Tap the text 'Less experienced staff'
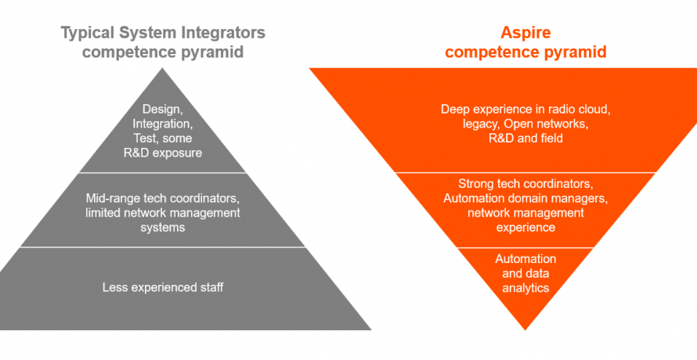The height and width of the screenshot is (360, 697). [x=163, y=287]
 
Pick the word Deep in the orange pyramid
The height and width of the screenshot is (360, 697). [x=455, y=109]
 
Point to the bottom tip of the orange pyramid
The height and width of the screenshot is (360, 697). [x=525, y=329]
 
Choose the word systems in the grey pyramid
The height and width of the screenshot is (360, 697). [x=163, y=228]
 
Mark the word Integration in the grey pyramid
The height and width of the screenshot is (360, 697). [x=163, y=124]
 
